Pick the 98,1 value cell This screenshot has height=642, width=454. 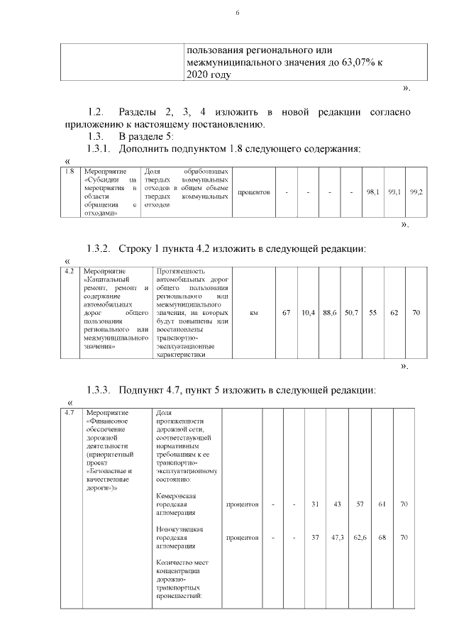(x=372, y=192)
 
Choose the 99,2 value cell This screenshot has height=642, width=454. (x=416, y=192)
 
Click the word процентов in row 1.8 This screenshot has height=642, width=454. (x=253, y=192)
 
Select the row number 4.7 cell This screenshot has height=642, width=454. (x=70, y=413)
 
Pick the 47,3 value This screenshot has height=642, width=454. (x=338, y=537)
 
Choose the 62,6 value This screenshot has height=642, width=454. (x=360, y=537)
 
